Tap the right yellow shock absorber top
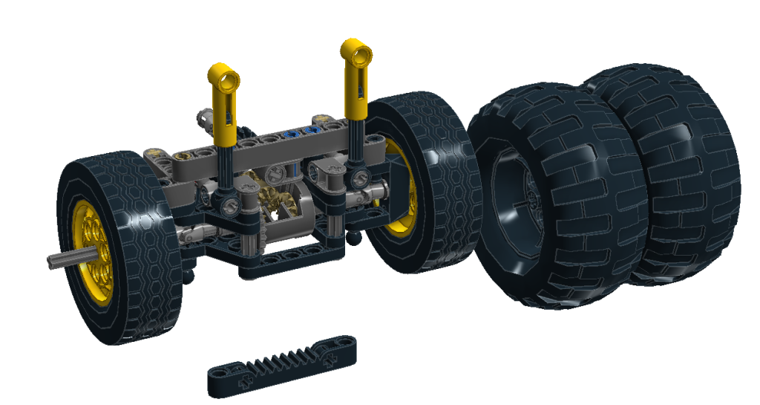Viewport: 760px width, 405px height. click(356, 54)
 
